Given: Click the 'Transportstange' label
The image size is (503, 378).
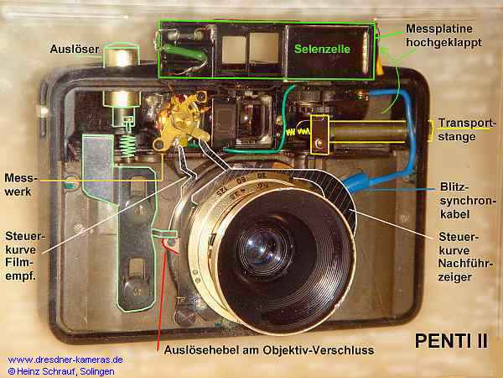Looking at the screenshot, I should pos(466,130).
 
